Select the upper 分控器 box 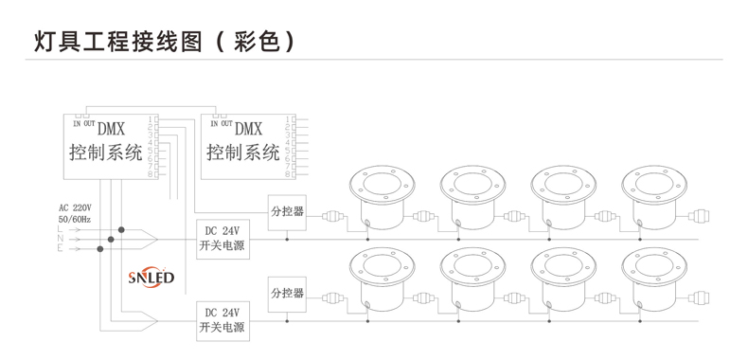tap(287, 212)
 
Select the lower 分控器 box tap(287, 293)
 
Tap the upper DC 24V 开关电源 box tap(223, 238)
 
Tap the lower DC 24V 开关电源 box tap(223, 319)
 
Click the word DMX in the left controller tap(113, 129)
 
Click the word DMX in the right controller tap(248, 129)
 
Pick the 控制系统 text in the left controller tap(105, 153)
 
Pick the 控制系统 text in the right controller tap(243, 153)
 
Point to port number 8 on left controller tap(151, 174)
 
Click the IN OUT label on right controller tap(221, 123)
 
